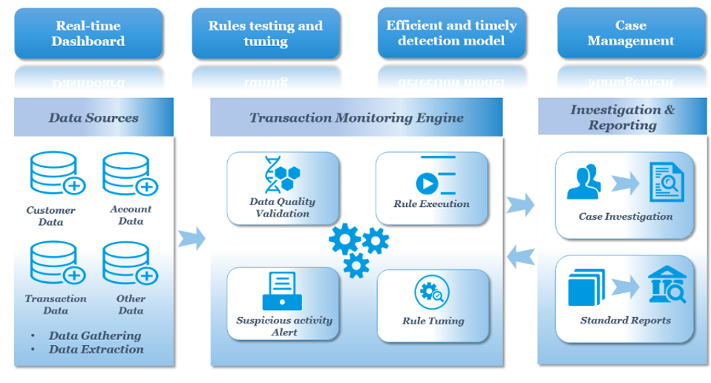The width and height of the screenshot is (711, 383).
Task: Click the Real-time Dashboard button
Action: (x=88, y=34)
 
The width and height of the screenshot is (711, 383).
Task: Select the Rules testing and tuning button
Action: (x=266, y=34)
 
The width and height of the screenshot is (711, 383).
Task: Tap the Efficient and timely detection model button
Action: (x=451, y=33)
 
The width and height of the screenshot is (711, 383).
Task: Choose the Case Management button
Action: (x=631, y=33)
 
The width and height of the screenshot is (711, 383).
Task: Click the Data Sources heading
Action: (x=94, y=117)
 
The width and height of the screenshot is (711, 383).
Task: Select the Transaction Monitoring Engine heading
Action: (x=356, y=117)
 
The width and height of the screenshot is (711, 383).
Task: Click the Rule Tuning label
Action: (x=433, y=321)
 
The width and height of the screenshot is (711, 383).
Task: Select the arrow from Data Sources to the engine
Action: (x=191, y=238)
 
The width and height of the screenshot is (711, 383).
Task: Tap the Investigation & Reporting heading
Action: (x=623, y=117)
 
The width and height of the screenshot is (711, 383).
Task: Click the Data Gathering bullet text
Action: (x=95, y=335)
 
